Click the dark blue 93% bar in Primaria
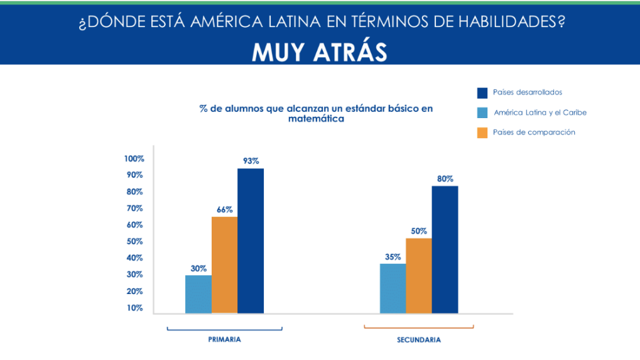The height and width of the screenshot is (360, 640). [x=250, y=241]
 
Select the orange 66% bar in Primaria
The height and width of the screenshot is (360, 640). [x=224, y=265]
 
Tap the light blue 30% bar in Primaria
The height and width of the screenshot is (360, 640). [x=198, y=294]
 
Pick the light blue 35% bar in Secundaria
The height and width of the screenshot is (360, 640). [x=393, y=288]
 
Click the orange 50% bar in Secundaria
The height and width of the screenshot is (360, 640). [x=419, y=275]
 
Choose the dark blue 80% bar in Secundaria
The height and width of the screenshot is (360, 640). [x=445, y=249]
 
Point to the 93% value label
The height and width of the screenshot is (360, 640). [x=251, y=161]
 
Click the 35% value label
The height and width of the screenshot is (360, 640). [x=392, y=256]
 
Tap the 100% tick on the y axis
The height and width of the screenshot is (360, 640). [x=134, y=158]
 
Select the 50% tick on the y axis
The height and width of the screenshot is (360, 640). [x=136, y=241]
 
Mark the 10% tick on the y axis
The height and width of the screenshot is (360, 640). [x=136, y=308]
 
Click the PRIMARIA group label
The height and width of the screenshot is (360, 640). [x=224, y=339]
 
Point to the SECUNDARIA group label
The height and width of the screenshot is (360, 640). [x=419, y=340]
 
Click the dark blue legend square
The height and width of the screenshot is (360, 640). [x=482, y=93]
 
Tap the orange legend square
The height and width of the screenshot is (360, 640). [x=482, y=133]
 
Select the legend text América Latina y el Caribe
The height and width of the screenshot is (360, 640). [x=540, y=113]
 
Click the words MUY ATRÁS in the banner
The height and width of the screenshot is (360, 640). [x=319, y=53]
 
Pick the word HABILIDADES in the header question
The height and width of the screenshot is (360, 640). [x=503, y=23]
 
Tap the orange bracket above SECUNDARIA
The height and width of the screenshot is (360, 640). [x=419, y=327]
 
